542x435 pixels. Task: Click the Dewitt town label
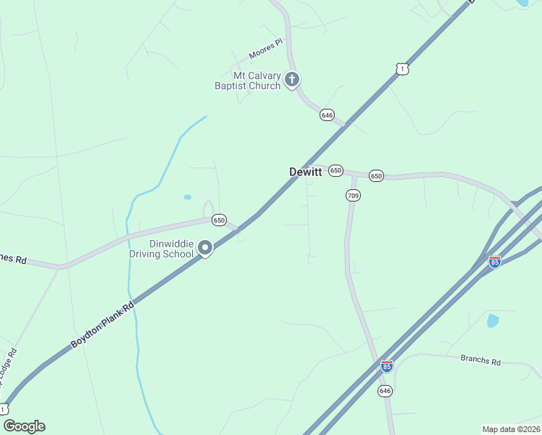[305, 172]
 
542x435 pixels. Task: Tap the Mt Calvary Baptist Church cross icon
[292, 80]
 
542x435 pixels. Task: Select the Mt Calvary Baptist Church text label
[247, 80]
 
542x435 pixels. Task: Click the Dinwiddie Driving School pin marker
[205, 249]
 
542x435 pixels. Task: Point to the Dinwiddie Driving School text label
[161, 249]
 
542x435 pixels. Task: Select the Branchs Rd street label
[480, 360]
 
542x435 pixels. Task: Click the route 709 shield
[353, 195]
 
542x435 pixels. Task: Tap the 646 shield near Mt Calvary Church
[327, 115]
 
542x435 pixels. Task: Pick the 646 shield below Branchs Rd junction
[385, 391]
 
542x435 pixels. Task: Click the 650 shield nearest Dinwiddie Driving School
[219, 220]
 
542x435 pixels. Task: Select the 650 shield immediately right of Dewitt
[335, 170]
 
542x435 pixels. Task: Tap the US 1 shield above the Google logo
[4, 408]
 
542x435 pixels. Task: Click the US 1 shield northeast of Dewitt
[402, 69]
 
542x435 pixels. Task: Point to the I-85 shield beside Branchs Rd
[387, 366]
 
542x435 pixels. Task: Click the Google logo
[24, 426]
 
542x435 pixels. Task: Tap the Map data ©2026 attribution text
[511, 429]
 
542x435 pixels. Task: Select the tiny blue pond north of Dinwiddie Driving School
[188, 196]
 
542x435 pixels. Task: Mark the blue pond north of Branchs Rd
[493, 320]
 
